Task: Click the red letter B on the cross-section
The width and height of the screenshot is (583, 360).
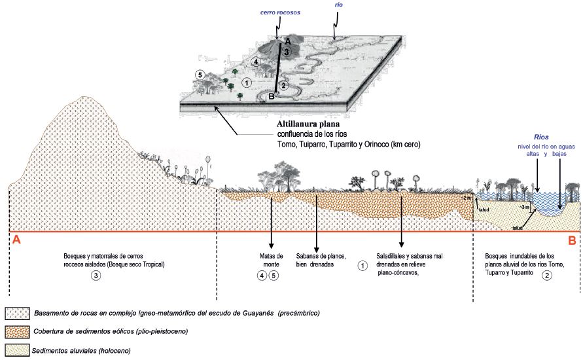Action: [571, 240]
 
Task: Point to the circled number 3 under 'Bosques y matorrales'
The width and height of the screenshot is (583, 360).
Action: [96, 276]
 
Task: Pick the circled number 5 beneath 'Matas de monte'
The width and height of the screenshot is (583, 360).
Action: [275, 276]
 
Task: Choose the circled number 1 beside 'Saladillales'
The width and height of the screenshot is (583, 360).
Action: [362, 265]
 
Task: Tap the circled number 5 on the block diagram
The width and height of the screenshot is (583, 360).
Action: [202, 74]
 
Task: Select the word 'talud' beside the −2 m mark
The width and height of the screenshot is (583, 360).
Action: [484, 210]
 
